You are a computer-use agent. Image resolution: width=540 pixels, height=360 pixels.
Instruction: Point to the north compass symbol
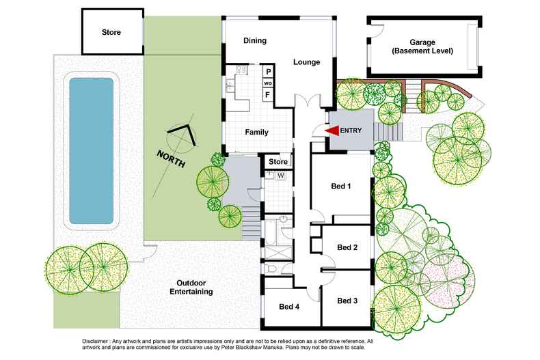tap(183, 137)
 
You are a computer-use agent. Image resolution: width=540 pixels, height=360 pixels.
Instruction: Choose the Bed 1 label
tap(341, 186)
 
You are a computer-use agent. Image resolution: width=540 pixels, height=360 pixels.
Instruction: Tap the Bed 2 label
tap(347, 247)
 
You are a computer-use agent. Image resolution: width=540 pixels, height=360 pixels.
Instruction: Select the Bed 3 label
tap(347, 300)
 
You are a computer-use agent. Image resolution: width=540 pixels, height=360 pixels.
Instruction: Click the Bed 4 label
tap(289, 307)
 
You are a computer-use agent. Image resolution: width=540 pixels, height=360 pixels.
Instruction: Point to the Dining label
tap(255, 41)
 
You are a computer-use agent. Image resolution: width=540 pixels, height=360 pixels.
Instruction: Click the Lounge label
tap(307, 62)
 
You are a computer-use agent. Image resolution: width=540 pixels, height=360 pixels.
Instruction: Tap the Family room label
tap(256, 133)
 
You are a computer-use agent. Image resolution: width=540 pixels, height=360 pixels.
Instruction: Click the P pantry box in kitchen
tap(268, 72)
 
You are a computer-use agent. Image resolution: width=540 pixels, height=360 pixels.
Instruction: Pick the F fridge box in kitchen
tap(268, 94)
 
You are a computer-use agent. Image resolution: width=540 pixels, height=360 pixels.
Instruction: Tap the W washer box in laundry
tap(280, 176)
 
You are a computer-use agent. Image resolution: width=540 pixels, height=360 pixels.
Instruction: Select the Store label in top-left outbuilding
tap(111, 32)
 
